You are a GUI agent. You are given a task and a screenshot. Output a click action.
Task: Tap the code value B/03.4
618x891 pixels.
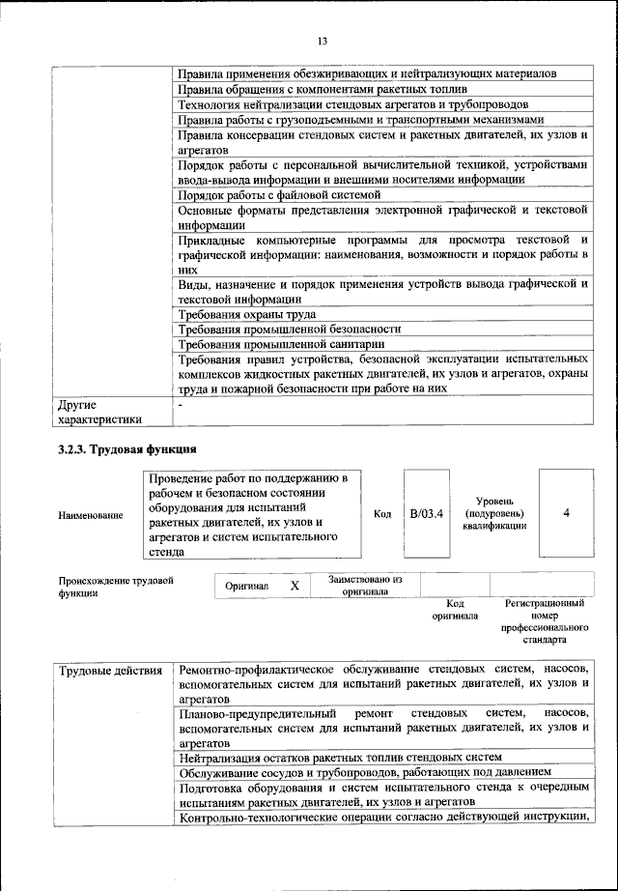tap(426, 514)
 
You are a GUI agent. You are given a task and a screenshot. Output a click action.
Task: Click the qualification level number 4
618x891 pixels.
tap(566, 514)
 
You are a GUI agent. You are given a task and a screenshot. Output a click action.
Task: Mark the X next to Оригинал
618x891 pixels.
tap(295, 586)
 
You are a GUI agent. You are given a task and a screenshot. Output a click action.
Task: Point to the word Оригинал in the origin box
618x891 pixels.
tap(246, 586)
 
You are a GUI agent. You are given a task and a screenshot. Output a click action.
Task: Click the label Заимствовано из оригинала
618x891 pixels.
tap(364, 585)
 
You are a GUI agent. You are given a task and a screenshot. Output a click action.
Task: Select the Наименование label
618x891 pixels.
tap(91, 515)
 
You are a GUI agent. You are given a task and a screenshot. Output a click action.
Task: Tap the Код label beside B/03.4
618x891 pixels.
tap(382, 514)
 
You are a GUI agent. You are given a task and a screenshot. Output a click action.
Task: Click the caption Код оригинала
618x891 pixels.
tap(455, 609)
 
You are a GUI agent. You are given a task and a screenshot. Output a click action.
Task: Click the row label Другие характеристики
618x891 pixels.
tap(100, 412)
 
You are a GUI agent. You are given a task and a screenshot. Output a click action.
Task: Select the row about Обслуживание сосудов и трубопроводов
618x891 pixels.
tap(366, 771)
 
